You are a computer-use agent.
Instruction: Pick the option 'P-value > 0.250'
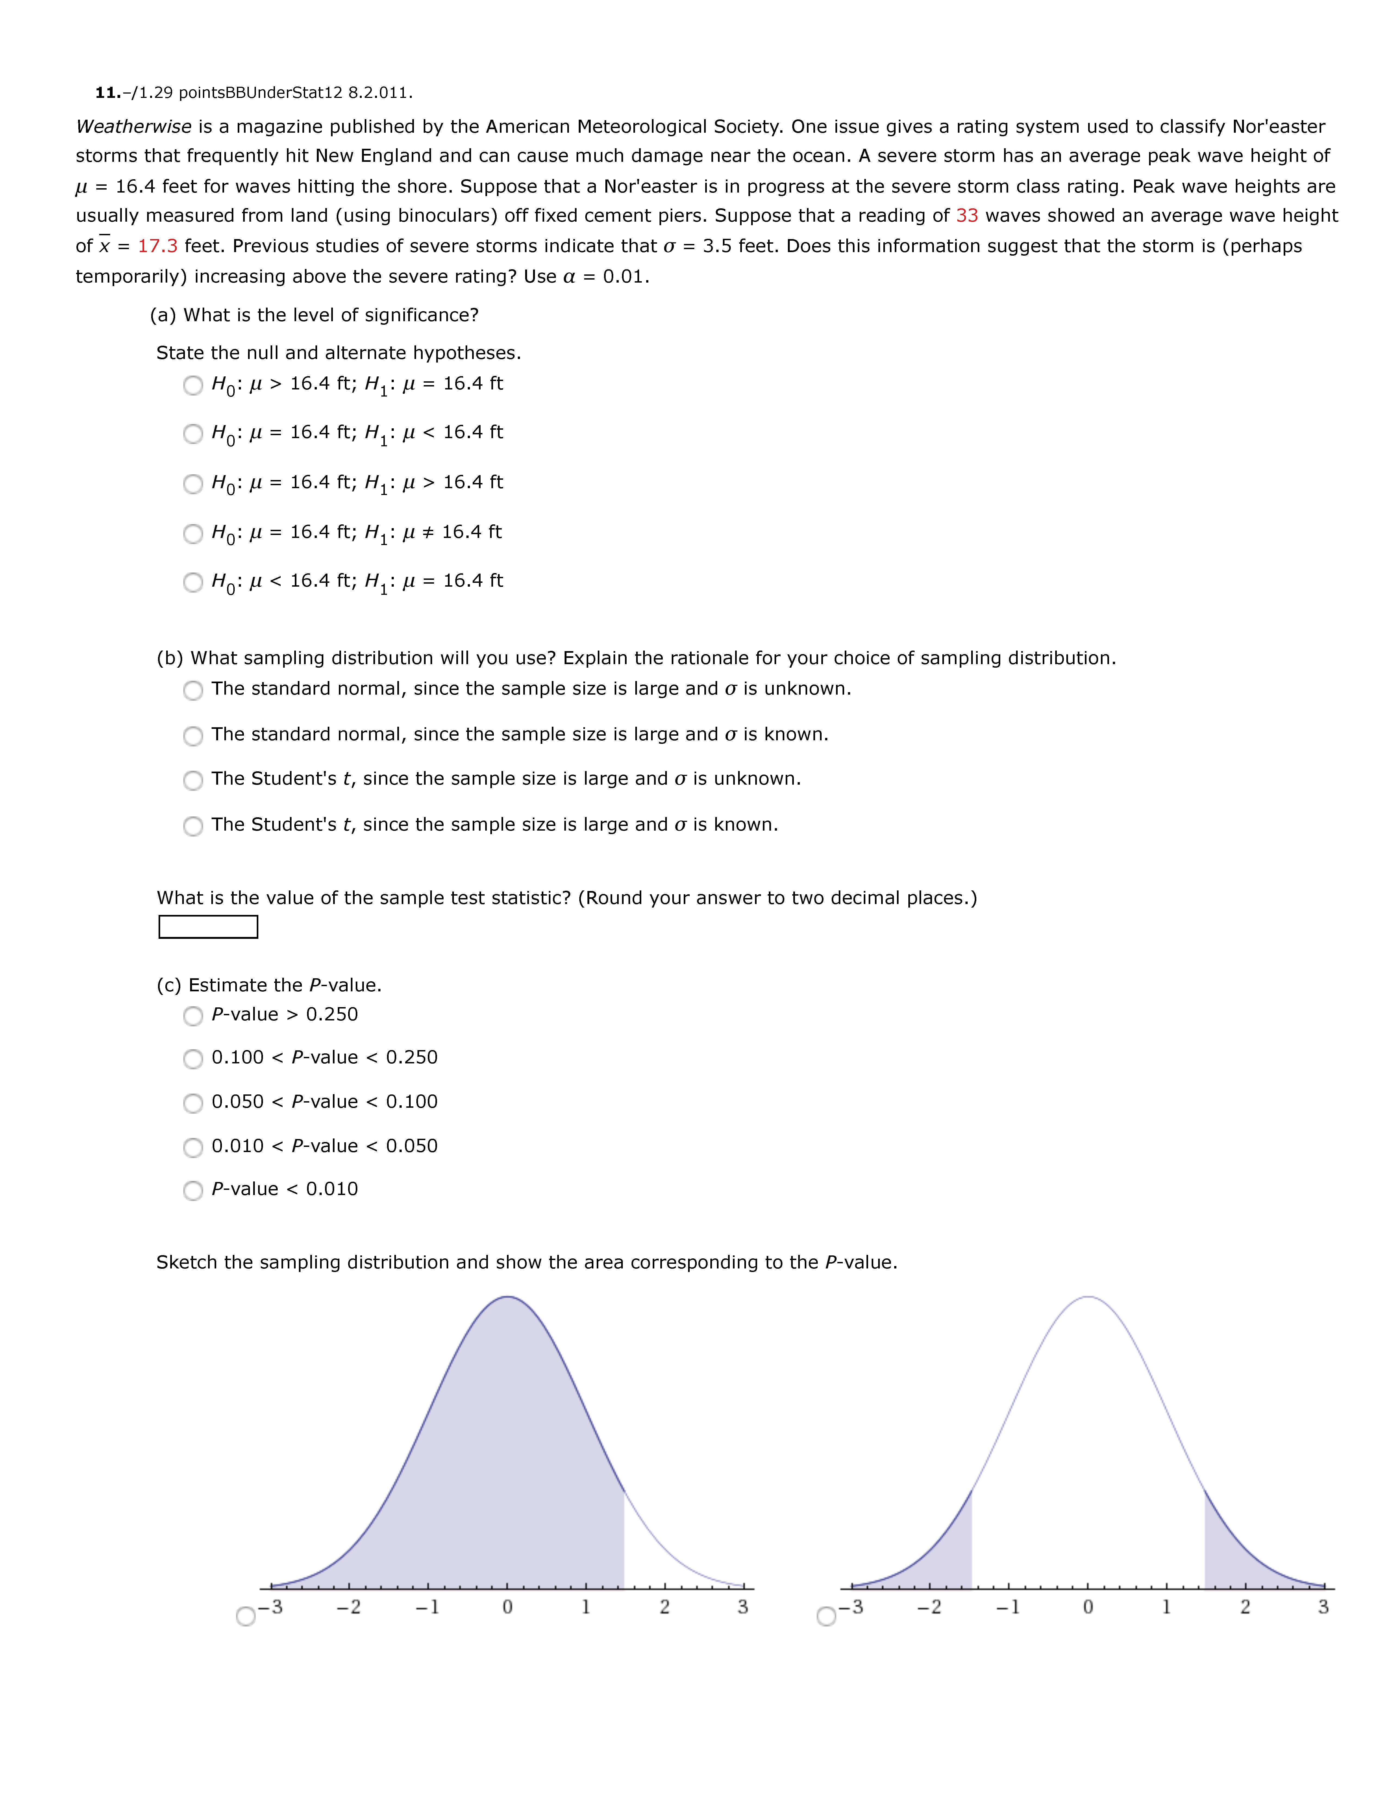pyautogui.click(x=193, y=1016)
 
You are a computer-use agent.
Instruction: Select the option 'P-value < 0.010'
pyautogui.click(x=193, y=1190)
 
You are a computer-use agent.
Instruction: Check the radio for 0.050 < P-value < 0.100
pyautogui.click(x=193, y=1103)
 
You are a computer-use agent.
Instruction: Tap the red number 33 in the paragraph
pyautogui.click(x=966, y=215)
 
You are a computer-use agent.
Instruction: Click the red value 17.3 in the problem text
pyautogui.click(x=157, y=246)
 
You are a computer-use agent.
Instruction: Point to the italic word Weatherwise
pyautogui.click(x=133, y=126)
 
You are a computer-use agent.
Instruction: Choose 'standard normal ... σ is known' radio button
pyautogui.click(x=193, y=736)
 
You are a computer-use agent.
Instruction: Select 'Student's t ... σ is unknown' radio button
pyautogui.click(x=193, y=780)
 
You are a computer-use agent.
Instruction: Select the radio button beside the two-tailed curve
pyautogui.click(x=826, y=1617)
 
